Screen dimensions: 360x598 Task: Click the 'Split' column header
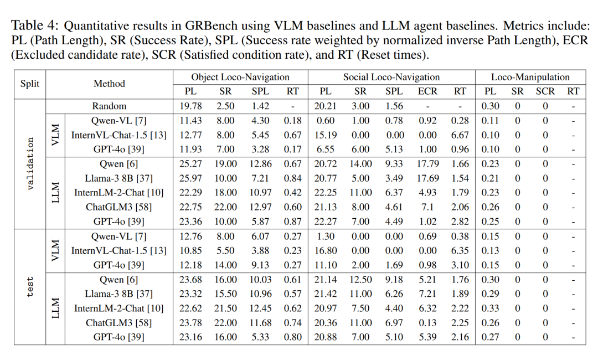click(30, 84)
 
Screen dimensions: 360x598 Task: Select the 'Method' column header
click(109, 84)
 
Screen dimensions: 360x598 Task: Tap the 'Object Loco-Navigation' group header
click(240, 77)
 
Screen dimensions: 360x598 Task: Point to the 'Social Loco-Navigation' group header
click(391, 77)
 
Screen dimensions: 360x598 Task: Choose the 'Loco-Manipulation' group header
click(530, 77)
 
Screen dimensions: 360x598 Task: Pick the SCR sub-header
click(545, 91)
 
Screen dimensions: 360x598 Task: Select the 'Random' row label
click(109, 106)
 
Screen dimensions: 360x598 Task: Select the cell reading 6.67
click(460, 135)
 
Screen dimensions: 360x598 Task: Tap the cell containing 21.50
click(225, 308)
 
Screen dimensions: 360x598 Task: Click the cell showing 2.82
click(460, 222)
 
